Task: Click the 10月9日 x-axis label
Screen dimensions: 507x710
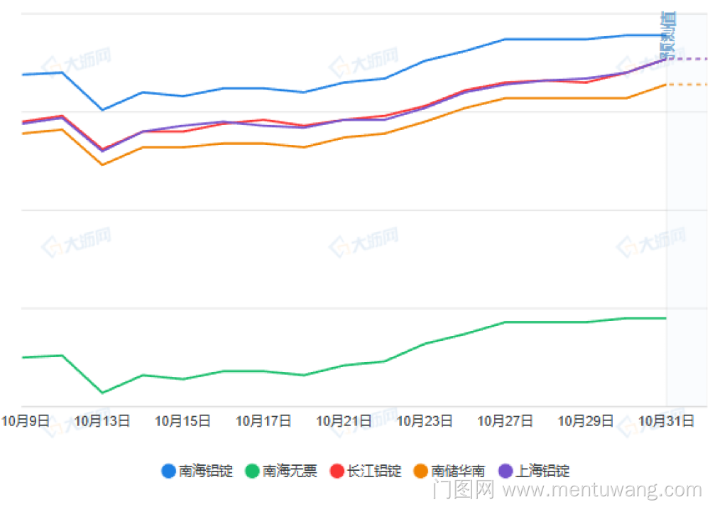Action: [26, 421]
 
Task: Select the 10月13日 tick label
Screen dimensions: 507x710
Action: [102, 421]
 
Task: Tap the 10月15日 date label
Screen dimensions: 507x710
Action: [182, 421]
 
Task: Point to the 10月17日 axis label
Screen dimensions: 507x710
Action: [263, 421]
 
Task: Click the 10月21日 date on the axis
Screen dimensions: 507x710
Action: [344, 421]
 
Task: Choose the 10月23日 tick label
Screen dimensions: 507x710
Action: [425, 421]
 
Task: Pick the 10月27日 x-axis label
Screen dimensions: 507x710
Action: [505, 421]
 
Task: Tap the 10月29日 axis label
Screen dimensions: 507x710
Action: [586, 421]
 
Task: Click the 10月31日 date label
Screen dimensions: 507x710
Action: [666, 421]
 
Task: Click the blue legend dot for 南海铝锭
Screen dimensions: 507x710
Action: [169, 471]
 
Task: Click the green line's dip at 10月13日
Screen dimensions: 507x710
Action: [102, 393]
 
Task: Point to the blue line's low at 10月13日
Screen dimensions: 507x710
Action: [102, 110]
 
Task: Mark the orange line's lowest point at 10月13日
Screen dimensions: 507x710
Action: [102, 165]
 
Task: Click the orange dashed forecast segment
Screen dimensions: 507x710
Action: [687, 84]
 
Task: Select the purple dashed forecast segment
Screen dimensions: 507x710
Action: [687, 58]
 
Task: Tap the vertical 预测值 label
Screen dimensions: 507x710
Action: [667, 36]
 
